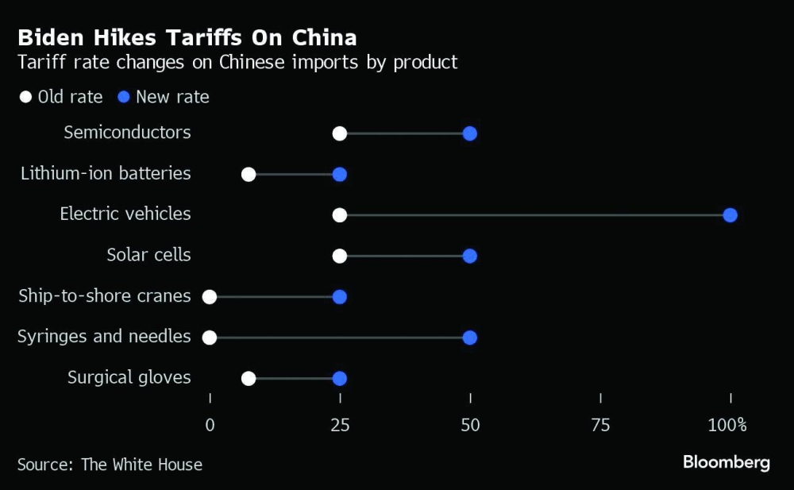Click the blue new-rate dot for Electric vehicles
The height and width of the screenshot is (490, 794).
[x=730, y=215]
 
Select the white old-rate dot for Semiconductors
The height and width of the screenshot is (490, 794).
[x=340, y=133]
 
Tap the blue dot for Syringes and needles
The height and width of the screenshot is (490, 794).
[x=469, y=338]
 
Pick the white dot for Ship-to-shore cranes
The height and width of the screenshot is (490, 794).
[x=210, y=297]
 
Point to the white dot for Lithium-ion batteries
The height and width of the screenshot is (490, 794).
[x=249, y=175]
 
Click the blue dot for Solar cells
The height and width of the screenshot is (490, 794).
[x=469, y=256]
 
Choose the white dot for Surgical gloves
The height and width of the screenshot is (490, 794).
[x=249, y=379]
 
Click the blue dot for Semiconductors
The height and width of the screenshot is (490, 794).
[x=469, y=133]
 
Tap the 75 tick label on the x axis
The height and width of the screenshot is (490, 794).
[x=600, y=425]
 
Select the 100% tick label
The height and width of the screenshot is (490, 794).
[x=728, y=425]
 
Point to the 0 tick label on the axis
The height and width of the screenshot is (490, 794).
[x=210, y=425]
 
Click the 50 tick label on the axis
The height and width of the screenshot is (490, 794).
[x=470, y=425]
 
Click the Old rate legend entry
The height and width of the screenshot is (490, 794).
[x=61, y=97]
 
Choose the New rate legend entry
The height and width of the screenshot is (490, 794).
[x=164, y=97]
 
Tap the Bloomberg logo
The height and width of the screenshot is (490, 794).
[x=727, y=463]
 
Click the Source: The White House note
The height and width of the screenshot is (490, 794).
[x=110, y=465]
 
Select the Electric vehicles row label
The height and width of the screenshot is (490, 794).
[x=125, y=214]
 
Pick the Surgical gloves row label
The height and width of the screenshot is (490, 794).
[x=129, y=377]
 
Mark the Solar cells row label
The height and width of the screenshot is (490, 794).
[x=148, y=255]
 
